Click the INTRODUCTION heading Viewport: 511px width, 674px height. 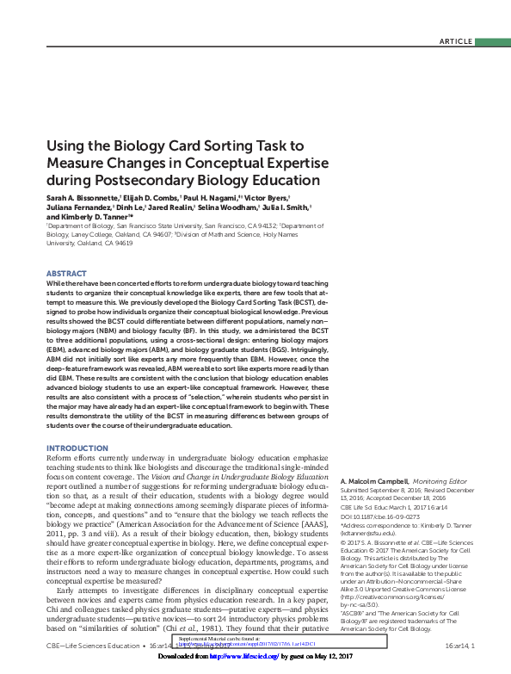tap(77, 448)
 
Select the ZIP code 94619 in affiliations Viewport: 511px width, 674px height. tap(119, 243)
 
